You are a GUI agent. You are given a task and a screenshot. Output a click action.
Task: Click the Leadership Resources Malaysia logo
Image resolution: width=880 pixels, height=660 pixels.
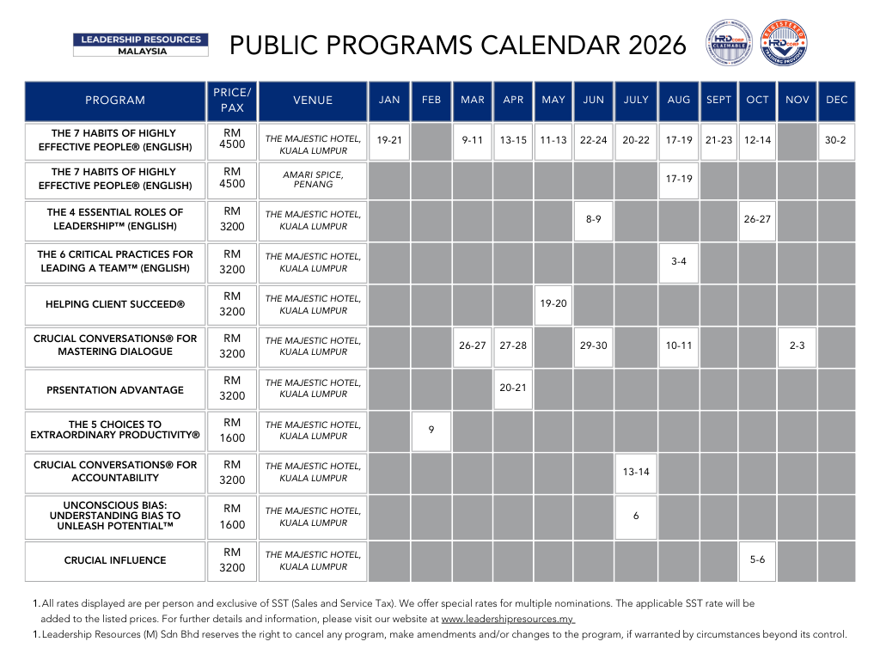click(140, 45)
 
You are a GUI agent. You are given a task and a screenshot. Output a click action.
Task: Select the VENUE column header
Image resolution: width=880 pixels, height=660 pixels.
click(313, 101)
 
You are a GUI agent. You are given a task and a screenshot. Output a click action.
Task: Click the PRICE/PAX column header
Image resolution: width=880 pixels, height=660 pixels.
click(232, 101)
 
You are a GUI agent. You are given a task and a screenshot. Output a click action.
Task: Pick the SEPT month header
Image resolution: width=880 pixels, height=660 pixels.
click(718, 101)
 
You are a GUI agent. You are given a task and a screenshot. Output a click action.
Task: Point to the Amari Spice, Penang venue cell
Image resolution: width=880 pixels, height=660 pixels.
click(313, 180)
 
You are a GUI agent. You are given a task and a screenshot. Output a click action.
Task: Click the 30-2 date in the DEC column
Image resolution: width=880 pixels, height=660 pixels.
click(836, 140)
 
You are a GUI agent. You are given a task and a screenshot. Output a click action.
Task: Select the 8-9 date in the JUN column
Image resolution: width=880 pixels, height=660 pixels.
click(594, 220)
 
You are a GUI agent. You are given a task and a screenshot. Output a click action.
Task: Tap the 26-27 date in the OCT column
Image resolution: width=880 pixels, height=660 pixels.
click(757, 220)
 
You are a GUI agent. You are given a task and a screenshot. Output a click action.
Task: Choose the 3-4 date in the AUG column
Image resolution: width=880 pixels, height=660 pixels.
click(679, 261)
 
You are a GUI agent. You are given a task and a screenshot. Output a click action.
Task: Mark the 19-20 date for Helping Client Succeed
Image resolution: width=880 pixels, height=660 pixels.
click(553, 303)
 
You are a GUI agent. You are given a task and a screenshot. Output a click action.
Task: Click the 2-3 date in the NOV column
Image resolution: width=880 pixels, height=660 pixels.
click(797, 345)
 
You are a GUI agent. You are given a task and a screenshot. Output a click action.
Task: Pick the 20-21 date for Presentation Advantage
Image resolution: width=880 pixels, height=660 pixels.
click(513, 388)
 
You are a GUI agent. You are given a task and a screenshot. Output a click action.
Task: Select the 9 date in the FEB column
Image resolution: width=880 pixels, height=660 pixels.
click(431, 431)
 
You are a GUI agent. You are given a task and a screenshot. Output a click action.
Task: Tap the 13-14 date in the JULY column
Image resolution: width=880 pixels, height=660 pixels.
click(636, 472)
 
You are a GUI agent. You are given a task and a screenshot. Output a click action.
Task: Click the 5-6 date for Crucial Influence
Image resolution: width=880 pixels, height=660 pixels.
click(757, 559)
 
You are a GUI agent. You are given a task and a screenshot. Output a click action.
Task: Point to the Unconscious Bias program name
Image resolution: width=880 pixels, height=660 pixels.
click(115, 516)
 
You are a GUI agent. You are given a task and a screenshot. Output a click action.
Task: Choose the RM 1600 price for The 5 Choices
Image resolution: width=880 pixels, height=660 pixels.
click(232, 431)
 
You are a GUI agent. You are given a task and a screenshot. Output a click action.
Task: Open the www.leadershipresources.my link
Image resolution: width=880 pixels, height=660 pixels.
click(507, 619)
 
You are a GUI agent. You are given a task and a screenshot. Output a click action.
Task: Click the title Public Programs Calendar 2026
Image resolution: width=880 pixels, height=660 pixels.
click(459, 45)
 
